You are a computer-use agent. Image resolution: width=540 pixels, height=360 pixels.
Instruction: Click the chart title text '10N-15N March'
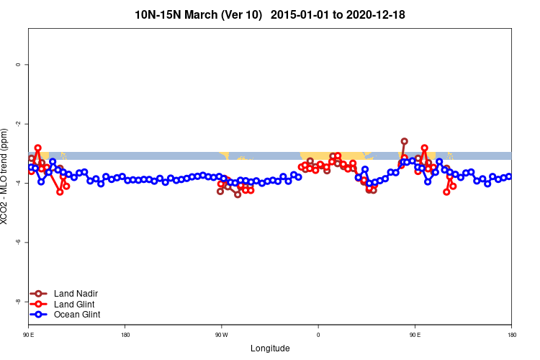click(x=177, y=14)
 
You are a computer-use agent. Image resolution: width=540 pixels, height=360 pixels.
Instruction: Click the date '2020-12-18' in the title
click(x=383, y=14)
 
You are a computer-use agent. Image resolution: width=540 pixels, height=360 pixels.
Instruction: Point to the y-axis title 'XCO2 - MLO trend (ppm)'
click(x=6, y=176)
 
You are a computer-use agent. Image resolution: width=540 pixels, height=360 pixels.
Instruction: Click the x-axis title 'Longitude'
click(x=270, y=348)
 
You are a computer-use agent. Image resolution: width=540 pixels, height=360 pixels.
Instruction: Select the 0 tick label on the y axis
click(x=18, y=65)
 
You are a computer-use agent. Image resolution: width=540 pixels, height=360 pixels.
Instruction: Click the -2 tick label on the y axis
click(x=18, y=124)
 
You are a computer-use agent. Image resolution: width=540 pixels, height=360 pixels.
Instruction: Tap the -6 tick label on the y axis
click(x=18, y=243)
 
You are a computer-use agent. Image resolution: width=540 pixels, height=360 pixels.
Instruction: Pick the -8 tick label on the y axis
click(x=18, y=302)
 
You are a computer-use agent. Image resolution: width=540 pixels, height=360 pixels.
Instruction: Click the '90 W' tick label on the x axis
click(x=221, y=335)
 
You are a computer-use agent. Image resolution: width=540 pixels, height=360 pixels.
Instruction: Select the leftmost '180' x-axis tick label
click(x=125, y=335)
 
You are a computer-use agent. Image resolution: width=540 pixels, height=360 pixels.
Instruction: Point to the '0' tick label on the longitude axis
click(x=318, y=335)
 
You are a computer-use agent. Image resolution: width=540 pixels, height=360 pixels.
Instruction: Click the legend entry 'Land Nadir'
click(x=76, y=294)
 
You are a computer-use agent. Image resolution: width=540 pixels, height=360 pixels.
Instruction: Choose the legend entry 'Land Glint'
click(x=75, y=304)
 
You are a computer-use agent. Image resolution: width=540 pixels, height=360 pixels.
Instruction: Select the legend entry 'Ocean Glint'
click(x=77, y=315)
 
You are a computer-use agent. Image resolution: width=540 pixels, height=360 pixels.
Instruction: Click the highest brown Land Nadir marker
click(x=405, y=141)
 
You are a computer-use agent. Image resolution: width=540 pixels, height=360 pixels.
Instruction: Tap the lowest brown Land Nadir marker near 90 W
click(x=238, y=194)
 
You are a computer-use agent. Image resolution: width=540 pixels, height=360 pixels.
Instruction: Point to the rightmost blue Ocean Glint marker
click(x=509, y=176)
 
